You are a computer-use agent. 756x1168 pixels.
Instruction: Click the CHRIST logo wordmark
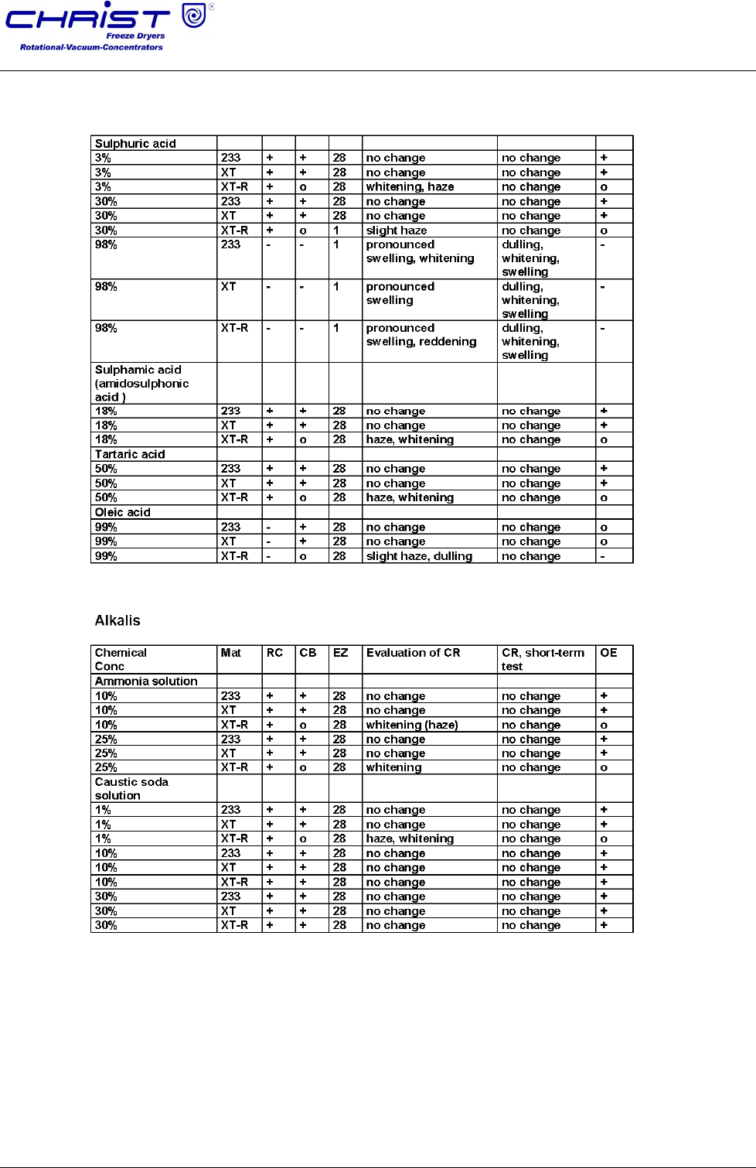tap(87, 19)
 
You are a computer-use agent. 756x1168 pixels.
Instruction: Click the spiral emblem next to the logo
tap(194, 15)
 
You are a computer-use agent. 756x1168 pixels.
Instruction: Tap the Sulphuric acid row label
tap(135, 143)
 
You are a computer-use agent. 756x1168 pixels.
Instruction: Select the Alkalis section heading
tap(117, 620)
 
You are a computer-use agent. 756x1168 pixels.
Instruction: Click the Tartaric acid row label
tap(130, 454)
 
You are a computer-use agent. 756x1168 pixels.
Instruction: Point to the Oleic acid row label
tap(123, 512)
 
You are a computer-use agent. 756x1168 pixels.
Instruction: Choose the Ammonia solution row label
tap(146, 681)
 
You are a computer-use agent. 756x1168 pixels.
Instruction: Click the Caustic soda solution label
tap(131, 788)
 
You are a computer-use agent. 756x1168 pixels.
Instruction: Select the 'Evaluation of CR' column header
tap(413, 653)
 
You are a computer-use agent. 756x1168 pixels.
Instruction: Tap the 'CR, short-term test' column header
tap(543, 659)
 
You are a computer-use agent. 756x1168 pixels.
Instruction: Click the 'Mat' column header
tap(230, 653)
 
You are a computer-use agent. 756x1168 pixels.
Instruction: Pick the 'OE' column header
tap(608, 653)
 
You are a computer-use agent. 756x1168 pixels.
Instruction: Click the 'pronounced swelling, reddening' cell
tap(421, 335)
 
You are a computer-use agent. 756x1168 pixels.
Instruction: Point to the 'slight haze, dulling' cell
tap(419, 556)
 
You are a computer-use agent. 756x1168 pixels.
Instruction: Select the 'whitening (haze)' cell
tap(412, 725)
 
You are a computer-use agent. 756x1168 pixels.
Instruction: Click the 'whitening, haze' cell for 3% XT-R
tap(410, 186)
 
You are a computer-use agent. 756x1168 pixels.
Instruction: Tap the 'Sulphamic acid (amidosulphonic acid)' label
tap(141, 383)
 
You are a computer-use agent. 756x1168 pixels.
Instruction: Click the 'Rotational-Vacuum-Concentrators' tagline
tap(91, 47)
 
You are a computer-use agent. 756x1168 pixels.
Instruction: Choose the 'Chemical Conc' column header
tap(121, 659)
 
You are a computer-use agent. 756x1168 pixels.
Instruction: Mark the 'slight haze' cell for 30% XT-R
tap(397, 231)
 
